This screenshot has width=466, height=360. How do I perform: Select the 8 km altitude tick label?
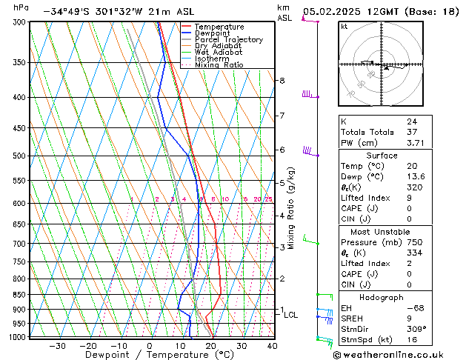point(282,80)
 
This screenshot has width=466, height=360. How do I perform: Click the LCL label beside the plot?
point(291,315)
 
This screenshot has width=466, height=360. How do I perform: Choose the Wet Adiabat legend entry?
point(219,52)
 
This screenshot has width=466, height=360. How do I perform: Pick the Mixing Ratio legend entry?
point(219,64)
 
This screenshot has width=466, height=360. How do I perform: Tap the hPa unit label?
point(21,7)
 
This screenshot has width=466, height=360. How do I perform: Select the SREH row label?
point(353,318)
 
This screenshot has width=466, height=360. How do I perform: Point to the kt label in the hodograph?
point(344,26)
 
